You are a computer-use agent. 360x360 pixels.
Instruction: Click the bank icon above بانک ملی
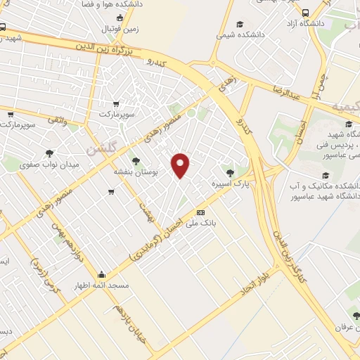[x=201, y=212]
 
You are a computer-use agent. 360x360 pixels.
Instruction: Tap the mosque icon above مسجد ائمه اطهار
[x=102, y=275]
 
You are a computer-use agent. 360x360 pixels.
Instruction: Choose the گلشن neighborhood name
[x=99, y=150]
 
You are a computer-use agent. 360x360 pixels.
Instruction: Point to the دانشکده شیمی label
[x=240, y=33]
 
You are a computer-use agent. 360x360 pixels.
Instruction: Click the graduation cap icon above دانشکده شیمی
[x=240, y=22]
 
